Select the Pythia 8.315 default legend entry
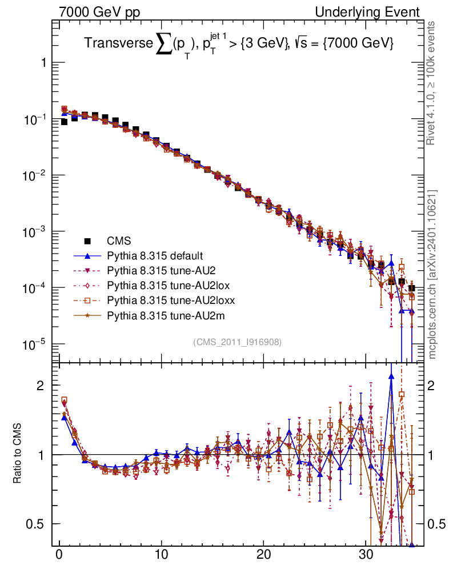coord(155,255)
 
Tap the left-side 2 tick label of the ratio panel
coord(41,386)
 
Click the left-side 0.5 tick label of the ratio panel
coord(35,524)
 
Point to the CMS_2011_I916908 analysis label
coord(237,342)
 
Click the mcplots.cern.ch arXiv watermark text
coord(433,274)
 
